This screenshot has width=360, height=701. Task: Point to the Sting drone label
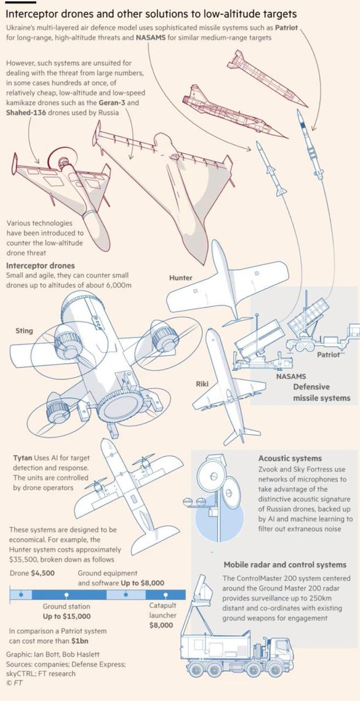[24, 331]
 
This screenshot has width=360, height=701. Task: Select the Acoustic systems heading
[290, 459]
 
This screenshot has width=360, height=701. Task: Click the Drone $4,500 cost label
[32, 573]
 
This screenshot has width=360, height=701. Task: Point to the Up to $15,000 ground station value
[67, 616]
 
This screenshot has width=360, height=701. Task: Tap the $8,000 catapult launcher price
[161, 625]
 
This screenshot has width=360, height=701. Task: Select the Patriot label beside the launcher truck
[328, 355]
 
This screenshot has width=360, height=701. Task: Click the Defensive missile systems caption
[321, 393]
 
